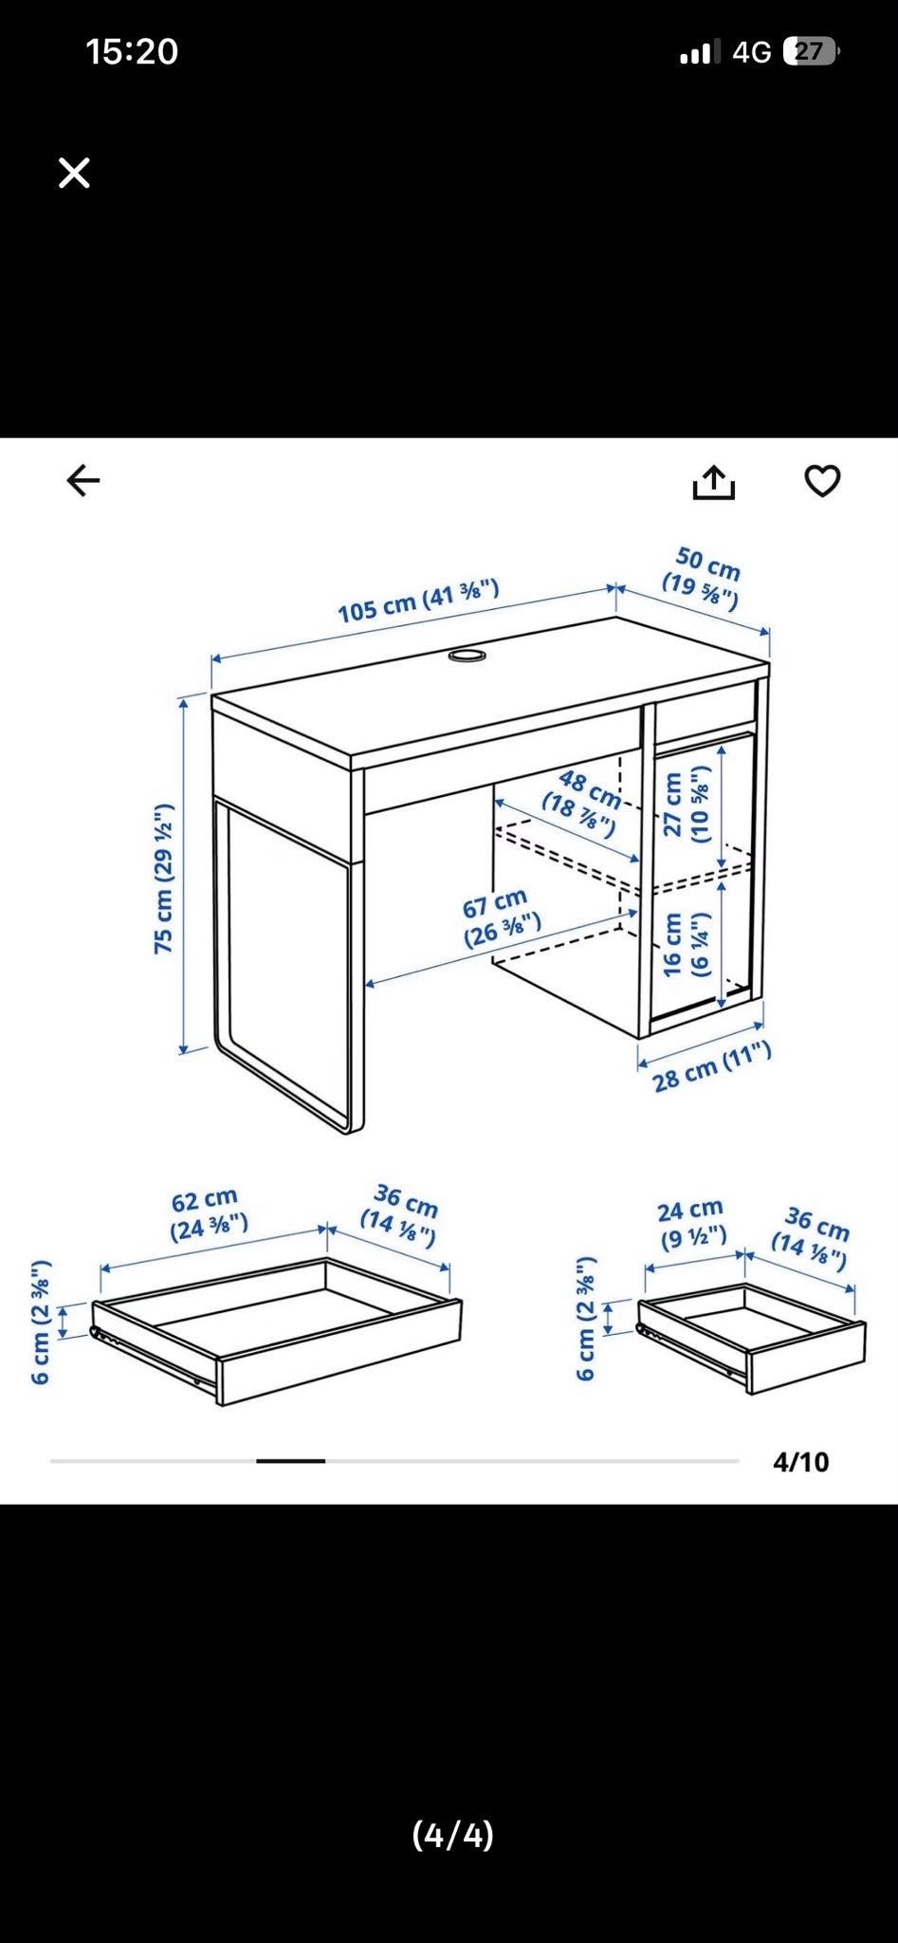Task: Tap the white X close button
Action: pyautogui.click(x=74, y=173)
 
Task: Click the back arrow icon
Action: pyautogui.click(x=83, y=481)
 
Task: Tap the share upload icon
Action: pyautogui.click(x=714, y=482)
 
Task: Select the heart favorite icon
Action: pyautogui.click(x=822, y=482)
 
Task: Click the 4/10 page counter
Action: pyautogui.click(x=801, y=1462)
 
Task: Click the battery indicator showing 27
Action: pyautogui.click(x=811, y=51)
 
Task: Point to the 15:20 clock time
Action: pyautogui.click(x=132, y=51)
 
